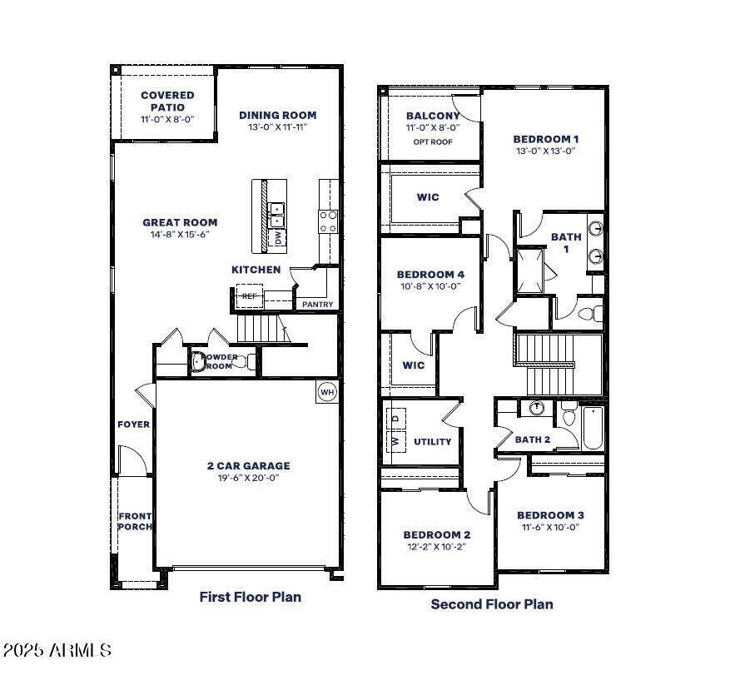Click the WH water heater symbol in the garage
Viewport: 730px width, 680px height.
(325, 392)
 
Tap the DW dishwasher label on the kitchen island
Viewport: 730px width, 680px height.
(277, 238)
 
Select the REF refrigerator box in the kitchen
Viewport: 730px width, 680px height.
(249, 296)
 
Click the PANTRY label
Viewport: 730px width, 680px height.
(317, 305)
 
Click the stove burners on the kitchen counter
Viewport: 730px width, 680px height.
(329, 221)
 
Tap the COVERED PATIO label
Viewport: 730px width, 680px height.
(167, 102)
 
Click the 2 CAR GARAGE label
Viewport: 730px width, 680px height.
(248, 466)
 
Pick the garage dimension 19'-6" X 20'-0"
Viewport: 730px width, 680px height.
(248, 479)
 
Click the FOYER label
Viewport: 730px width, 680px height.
(133, 424)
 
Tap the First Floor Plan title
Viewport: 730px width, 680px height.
(250, 597)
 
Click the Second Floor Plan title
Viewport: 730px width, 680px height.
(491, 604)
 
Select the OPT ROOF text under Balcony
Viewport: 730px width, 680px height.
(432, 142)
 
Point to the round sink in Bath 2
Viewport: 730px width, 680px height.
(537, 408)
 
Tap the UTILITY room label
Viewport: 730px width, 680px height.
(432, 442)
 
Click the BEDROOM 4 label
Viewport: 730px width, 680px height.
(430, 275)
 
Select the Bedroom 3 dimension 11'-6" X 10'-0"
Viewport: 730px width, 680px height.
(549, 527)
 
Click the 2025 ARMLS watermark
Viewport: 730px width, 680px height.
(57, 650)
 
